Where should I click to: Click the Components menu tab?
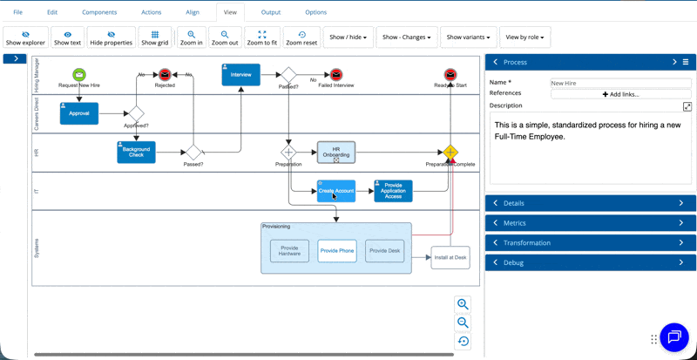pyautogui.click(x=99, y=12)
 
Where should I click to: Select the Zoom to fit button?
pyautogui.click(x=262, y=37)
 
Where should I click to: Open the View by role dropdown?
pyautogui.click(x=526, y=37)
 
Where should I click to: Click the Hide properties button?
pyautogui.click(x=112, y=37)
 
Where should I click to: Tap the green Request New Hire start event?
pyautogui.click(x=79, y=75)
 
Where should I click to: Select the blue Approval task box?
pyautogui.click(x=79, y=113)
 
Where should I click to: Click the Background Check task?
pyautogui.click(x=136, y=153)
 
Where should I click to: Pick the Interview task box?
pyautogui.click(x=241, y=75)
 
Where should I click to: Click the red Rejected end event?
pyautogui.click(x=165, y=75)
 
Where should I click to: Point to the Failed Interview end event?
pyautogui.click(x=336, y=75)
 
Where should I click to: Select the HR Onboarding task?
pyautogui.click(x=336, y=152)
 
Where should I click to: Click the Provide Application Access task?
pyautogui.click(x=393, y=191)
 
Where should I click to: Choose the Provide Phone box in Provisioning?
pyautogui.click(x=337, y=251)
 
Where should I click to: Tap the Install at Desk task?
pyautogui.click(x=450, y=258)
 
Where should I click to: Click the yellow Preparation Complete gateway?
pyautogui.click(x=450, y=153)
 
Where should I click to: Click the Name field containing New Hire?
pyautogui.click(x=620, y=83)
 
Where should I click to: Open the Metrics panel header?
pyautogui.click(x=590, y=223)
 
